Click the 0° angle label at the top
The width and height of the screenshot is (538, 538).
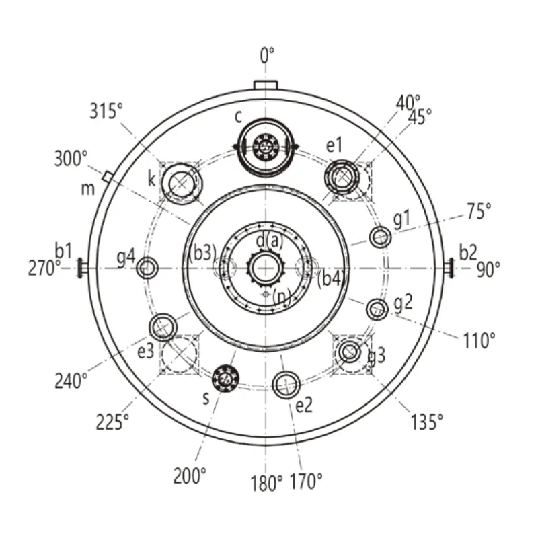pos(267,55)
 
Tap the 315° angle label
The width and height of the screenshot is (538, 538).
pos(106,111)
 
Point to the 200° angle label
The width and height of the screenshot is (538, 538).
pos(190,475)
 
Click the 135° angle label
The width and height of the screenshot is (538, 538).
pos(427,422)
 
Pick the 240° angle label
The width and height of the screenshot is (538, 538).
pos(71,381)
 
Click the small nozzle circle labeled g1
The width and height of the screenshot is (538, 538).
pos(380,237)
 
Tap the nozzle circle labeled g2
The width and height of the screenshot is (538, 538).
pos(377,309)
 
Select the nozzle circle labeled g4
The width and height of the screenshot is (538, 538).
pos(147,268)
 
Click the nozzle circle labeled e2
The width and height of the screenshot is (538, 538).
pos(286,385)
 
